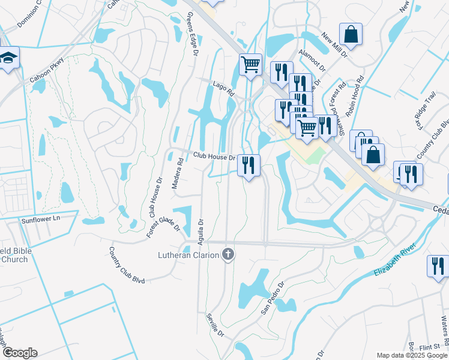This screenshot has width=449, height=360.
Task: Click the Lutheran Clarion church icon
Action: [228, 255]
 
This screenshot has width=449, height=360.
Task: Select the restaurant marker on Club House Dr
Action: [249, 164]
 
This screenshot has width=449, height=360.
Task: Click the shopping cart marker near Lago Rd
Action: [250, 64]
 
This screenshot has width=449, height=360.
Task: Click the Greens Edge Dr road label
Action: [192, 34]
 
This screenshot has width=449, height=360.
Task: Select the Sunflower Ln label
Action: [41, 219]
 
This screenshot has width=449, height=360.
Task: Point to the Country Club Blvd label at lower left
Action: [127, 263]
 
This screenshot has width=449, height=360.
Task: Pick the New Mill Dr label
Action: [334, 46]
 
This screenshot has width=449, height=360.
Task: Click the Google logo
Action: [20, 353]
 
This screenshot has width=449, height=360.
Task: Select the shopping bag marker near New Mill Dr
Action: [351, 34]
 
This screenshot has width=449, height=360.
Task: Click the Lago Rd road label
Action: [223, 89]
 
